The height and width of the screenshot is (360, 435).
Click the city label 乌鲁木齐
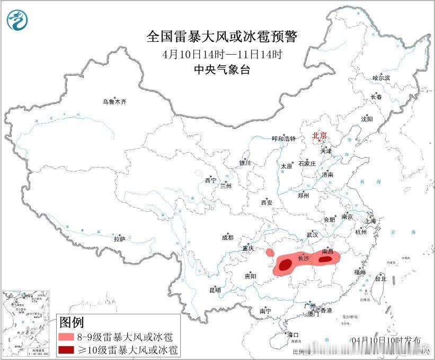(x=115, y=101)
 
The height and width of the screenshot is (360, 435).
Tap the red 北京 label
(x=320, y=136)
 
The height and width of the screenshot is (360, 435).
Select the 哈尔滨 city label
(x=381, y=78)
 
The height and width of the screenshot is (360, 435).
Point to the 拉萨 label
(x=119, y=239)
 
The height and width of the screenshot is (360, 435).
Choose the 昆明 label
(x=215, y=290)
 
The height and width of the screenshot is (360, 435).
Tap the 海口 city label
(x=293, y=335)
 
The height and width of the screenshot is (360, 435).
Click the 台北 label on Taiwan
(x=380, y=278)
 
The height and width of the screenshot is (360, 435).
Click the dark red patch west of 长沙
(x=286, y=265)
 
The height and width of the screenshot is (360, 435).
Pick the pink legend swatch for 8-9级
(x=66, y=337)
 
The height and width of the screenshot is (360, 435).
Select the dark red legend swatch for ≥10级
(x=66, y=349)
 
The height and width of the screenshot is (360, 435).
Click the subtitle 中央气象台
(x=222, y=69)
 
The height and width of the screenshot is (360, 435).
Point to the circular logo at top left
(x=17, y=20)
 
